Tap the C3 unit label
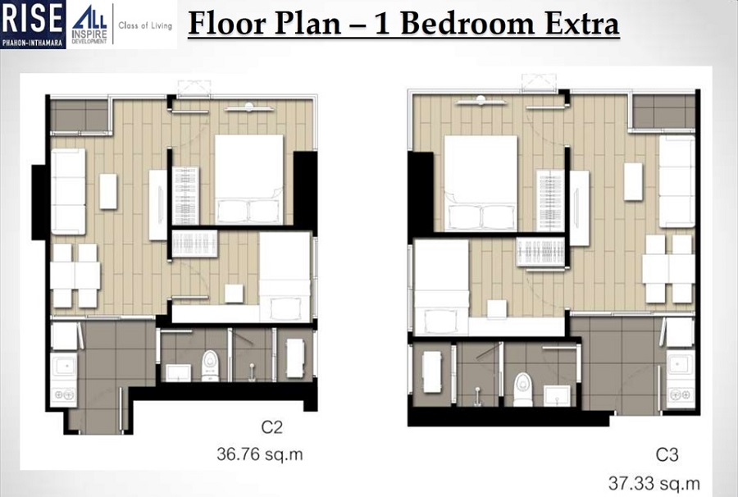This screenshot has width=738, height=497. coord(667,454)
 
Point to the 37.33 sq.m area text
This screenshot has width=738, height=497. coord(654,481)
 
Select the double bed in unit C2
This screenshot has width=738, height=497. coord(249,178)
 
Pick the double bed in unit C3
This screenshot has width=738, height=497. coord(481,182)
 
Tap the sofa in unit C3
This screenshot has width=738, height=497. coord(676,181)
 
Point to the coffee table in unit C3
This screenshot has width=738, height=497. coord(633,181)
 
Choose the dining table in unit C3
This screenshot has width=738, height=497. coord(668,269)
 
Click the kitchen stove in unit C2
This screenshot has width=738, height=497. coord(63,394)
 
